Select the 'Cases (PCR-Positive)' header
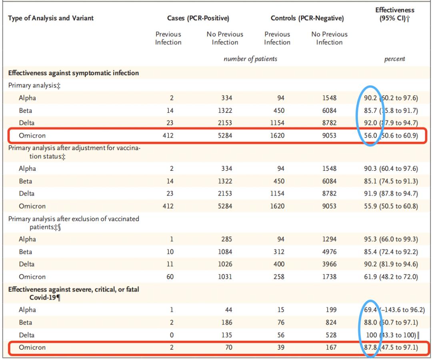(198, 18)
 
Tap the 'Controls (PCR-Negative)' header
(307, 18)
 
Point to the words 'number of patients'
(250, 59)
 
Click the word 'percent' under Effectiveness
(394, 59)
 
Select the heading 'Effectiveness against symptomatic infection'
(74, 73)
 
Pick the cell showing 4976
(329, 252)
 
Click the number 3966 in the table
(329, 264)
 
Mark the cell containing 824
(331, 322)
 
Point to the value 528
(331, 335)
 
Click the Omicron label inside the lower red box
(32, 348)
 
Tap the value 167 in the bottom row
(331, 348)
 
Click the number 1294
(329, 239)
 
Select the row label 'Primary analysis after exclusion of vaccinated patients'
(74, 222)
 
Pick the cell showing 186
(226, 322)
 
